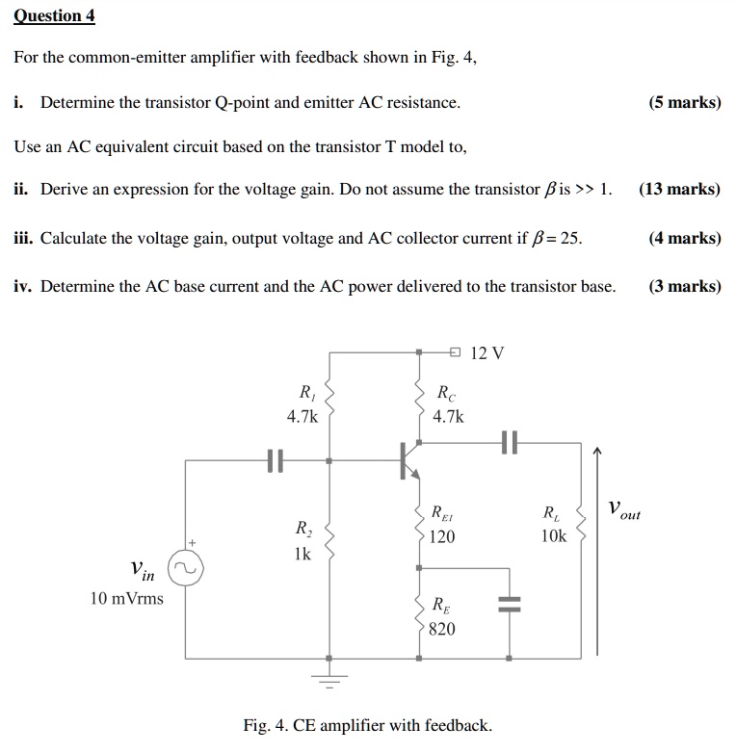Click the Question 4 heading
click(55, 16)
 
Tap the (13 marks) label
click(679, 190)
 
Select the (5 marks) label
click(684, 102)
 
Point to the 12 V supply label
click(487, 353)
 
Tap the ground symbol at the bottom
click(329, 680)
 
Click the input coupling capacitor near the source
click(276, 460)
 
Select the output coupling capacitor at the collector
click(510, 444)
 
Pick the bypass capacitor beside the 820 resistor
click(510, 605)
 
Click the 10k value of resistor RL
click(554, 536)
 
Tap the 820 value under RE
click(442, 629)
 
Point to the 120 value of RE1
click(442, 536)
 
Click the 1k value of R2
click(302, 555)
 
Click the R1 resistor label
click(305, 392)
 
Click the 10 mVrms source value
click(126, 599)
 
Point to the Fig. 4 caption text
click(367, 725)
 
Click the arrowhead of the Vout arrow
click(596, 450)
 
